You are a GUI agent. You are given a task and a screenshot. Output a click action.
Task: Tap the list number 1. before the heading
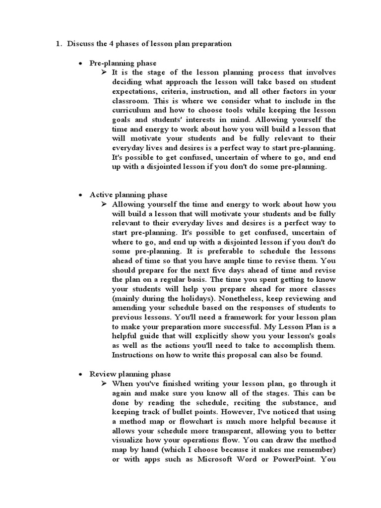click(x=58, y=44)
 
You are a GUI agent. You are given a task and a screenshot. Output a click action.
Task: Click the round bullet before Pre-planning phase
click(x=80, y=63)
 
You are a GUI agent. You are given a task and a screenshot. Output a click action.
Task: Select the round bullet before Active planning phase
click(x=80, y=195)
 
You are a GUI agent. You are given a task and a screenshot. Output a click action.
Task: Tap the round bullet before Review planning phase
click(x=80, y=374)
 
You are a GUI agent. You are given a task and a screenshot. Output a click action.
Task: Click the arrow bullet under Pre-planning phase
click(x=104, y=72)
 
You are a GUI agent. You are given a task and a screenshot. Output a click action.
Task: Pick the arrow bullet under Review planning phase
click(x=104, y=383)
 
